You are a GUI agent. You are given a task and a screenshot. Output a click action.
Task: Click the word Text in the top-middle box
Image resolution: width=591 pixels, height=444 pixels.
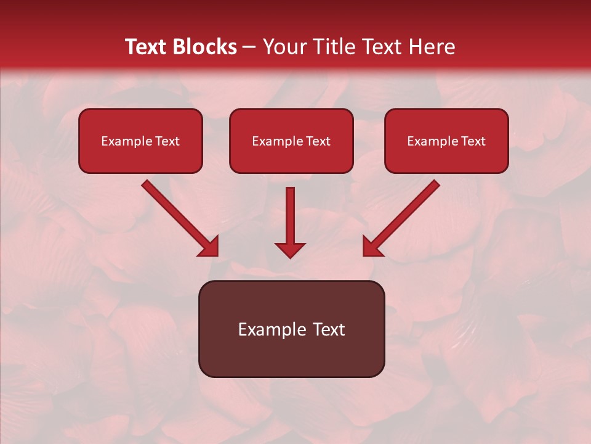click(318, 141)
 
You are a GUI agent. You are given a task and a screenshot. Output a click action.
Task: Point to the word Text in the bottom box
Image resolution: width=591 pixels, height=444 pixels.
click(329, 329)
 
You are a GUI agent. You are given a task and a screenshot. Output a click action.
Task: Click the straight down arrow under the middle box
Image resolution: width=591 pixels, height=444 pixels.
click(290, 216)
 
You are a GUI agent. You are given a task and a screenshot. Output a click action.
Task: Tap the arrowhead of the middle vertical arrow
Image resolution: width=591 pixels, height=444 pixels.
click(290, 250)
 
